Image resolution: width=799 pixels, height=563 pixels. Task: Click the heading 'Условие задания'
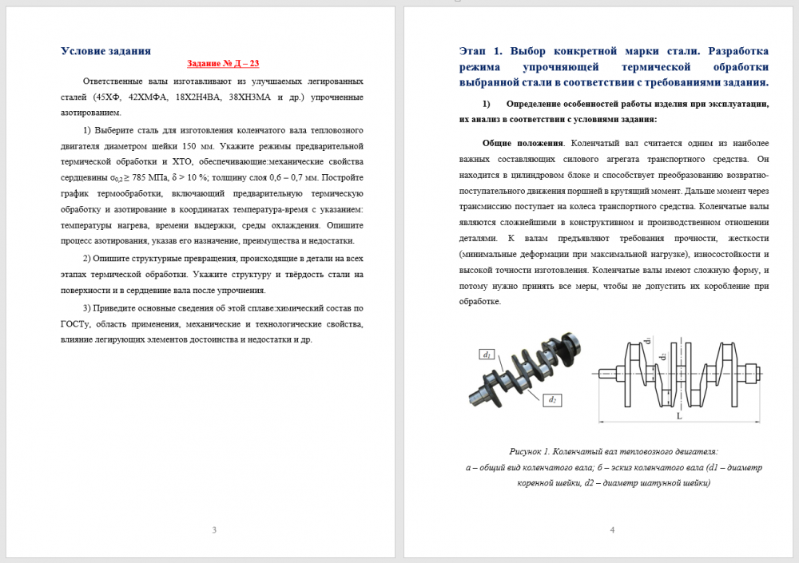105,51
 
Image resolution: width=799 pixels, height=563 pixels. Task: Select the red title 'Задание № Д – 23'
223,63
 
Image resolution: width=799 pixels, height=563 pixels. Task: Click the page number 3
213,530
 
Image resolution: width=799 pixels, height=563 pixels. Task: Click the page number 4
612,530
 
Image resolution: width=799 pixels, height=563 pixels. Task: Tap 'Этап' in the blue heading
473,51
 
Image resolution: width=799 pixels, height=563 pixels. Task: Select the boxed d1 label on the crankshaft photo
487,354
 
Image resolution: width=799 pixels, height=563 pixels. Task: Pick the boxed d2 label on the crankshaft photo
551,398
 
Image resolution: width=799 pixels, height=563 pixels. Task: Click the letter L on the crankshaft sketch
678,416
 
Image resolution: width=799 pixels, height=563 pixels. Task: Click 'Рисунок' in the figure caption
526,451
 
